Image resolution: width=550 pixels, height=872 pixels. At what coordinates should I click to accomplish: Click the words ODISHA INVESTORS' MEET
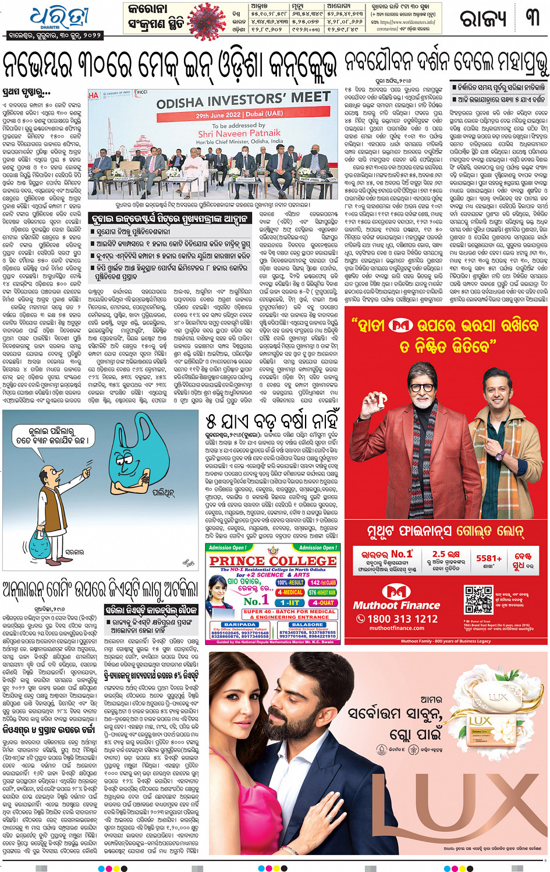pyautogui.click(x=243, y=101)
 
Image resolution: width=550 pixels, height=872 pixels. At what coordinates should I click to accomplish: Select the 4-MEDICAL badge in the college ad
pyautogui.click(x=290, y=592)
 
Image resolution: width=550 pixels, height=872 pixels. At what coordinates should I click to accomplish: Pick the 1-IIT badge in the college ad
pyautogui.click(x=290, y=603)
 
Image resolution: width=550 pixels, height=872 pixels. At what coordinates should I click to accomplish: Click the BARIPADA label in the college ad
pyautogui.click(x=240, y=624)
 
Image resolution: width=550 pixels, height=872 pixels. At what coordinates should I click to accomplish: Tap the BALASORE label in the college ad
pyautogui.click(x=307, y=624)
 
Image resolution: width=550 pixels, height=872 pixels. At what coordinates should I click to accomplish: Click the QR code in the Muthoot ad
pyautogui.click(x=478, y=599)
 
